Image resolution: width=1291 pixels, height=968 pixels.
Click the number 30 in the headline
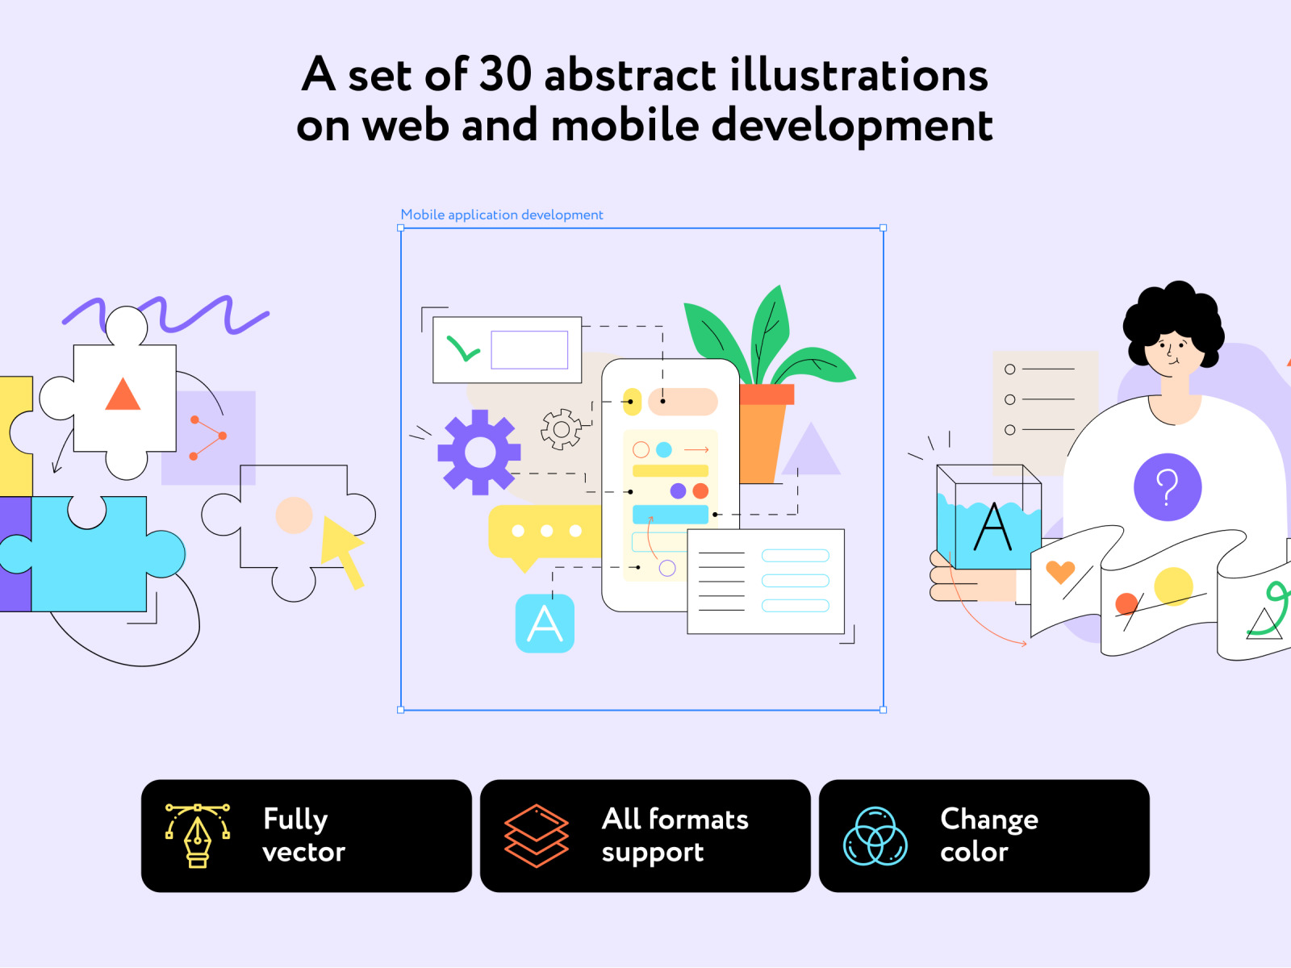click(x=505, y=75)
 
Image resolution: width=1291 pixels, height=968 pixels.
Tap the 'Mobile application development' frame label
click(x=502, y=215)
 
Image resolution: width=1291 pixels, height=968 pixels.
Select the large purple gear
click(x=479, y=452)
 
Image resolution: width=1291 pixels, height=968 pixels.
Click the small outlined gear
click(x=561, y=430)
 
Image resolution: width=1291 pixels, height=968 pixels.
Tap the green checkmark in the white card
click(x=463, y=348)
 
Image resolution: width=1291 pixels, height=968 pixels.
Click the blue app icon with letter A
click(x=545, y=624)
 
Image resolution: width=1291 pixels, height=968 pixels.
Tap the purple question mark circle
click(x=1168, y=487)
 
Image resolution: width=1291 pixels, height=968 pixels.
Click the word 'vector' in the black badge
click(x=303, y=852)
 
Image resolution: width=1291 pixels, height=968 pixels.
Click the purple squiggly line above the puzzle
click(x=166, y=315)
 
